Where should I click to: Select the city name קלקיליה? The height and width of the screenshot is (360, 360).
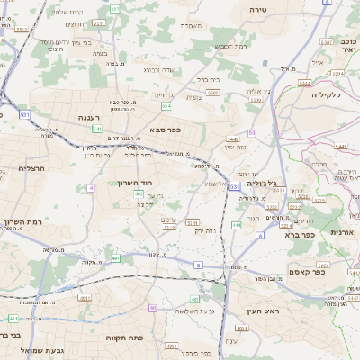tap(329, 94)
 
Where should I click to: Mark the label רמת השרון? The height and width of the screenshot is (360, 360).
tap(21, 221)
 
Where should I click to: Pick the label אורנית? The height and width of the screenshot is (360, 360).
tap(343, 231)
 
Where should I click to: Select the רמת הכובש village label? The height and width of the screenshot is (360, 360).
tap(229, 46)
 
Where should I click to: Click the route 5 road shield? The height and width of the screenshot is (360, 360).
tap(198, 265)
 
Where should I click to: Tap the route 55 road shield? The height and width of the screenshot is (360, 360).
tap(252, 132)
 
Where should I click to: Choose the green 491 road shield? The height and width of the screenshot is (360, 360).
tap(115, 258)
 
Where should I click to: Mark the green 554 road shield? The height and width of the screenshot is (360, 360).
tap(166, 105)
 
